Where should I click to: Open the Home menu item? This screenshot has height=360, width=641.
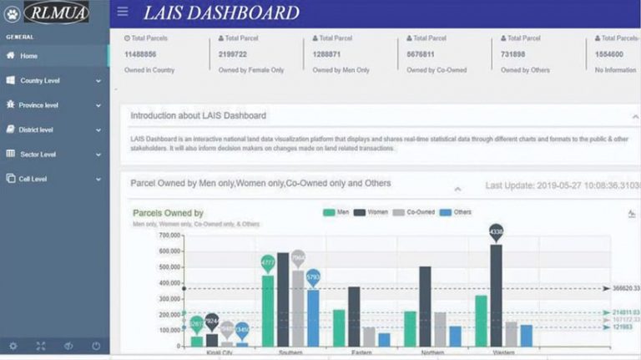tap(29, 56)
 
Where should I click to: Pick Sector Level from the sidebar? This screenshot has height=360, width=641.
tap(38, 155)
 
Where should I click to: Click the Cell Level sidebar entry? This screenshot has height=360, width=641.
tap(33, 179)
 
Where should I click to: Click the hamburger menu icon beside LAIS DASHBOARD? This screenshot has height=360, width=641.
tap(123, 12)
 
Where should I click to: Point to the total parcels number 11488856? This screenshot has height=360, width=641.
tap(142, 54)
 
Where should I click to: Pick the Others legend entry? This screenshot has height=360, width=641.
tap(456, 212)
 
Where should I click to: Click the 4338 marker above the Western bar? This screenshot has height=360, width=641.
tap(497, 231)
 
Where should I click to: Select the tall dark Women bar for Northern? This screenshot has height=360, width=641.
tap(425, 306)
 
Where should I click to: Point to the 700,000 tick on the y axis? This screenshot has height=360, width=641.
tap(169, 236)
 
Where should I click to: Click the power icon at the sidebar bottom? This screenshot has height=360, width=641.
tap(97, 346)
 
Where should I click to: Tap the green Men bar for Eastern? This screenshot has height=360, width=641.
tap(339, 327)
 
